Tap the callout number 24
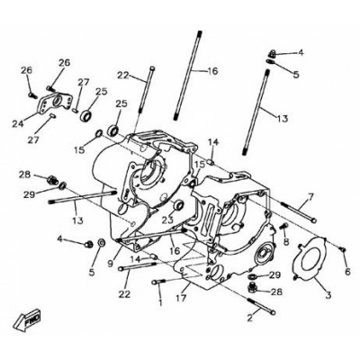[18, 123]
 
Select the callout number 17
[181, 298]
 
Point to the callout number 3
[328, 295]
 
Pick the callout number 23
[168, 220]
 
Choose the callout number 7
[310, 197]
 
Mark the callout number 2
[250, 318]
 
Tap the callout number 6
[347, 271]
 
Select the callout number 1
[160, 301]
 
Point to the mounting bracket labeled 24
[56, 103]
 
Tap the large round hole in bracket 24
[57, 101]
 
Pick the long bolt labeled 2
[261, 306]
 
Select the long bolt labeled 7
[299, 212]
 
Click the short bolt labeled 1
[159, 282]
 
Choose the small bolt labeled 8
[283, 226]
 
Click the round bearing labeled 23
[179, 205]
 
